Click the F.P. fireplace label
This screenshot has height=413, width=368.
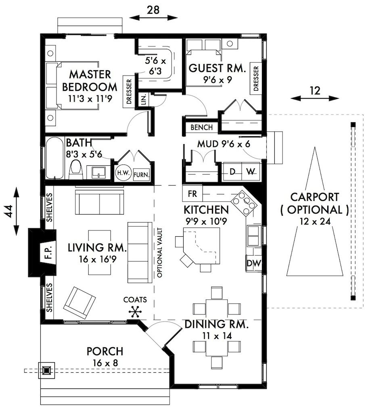(48, 252)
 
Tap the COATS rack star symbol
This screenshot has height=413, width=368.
(135, 312)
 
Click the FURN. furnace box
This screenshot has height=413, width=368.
(141, 175)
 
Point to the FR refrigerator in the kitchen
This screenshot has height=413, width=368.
(192, 194)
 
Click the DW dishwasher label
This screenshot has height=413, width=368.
(254, 263)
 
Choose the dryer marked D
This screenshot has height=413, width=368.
(232, 172)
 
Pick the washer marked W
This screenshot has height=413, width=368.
(251, 172)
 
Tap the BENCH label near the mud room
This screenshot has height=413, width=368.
(202, 127)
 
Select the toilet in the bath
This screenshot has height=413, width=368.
(76, 169)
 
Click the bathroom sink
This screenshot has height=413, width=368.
(98, 173)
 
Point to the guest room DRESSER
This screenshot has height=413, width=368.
(256, 79)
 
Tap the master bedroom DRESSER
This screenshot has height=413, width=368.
(129, 92)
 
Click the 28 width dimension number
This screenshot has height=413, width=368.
(153, 10)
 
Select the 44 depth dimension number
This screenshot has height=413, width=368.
(9, 211)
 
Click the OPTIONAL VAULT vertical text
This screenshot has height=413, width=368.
(159, 252)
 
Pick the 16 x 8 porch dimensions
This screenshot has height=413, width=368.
(105, 363)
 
